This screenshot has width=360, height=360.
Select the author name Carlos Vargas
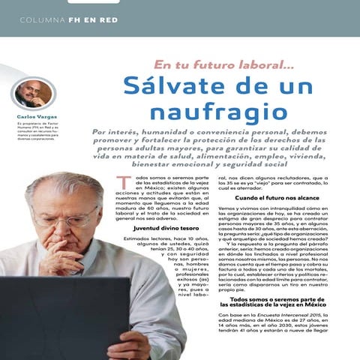click(34, 117)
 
